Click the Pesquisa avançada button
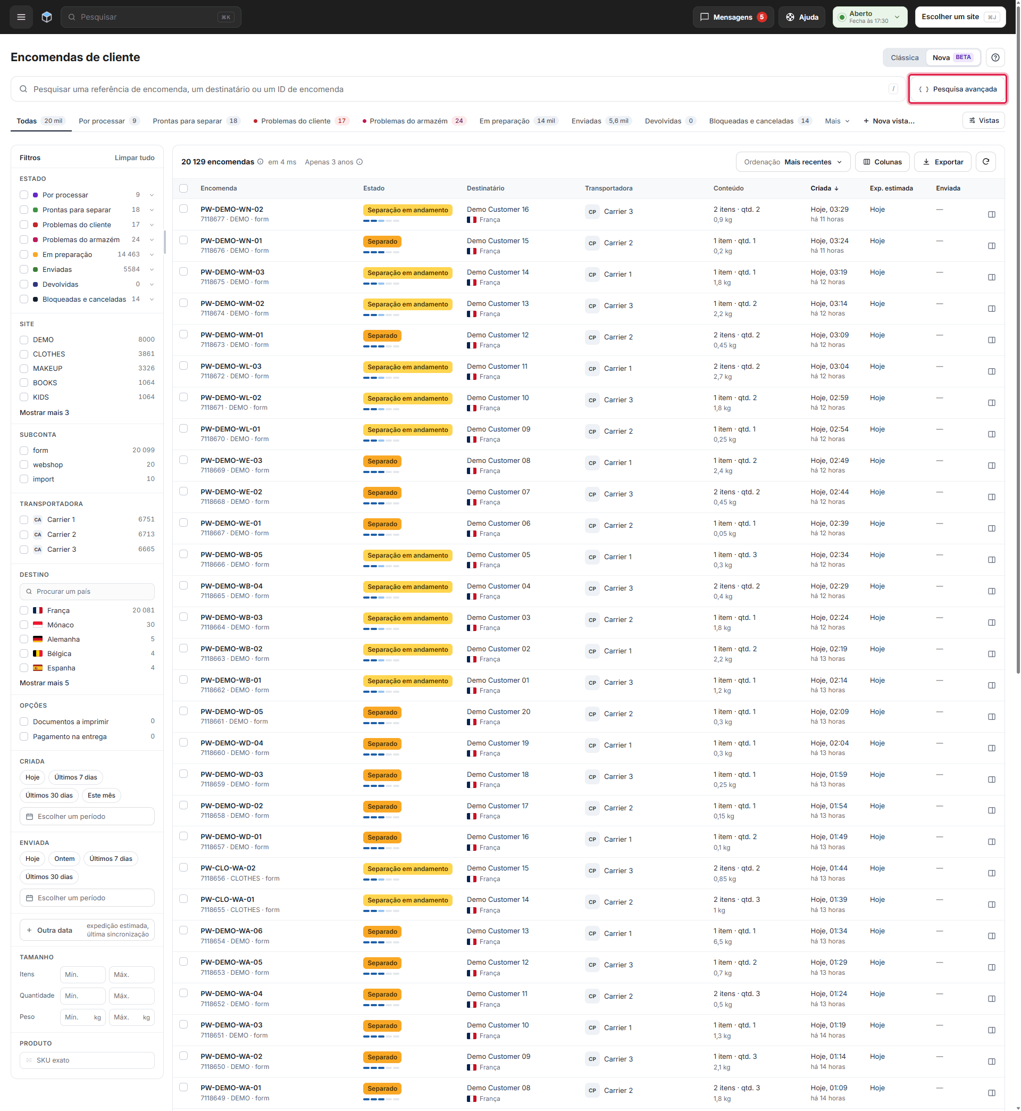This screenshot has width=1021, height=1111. click(958, 89)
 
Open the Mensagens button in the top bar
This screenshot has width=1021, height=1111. click(733, 17)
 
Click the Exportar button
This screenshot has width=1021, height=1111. click(942, 162)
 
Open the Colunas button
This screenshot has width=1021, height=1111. click(882, 162)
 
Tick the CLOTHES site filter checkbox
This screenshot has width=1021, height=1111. click(24, 354)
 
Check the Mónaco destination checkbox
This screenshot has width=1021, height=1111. click(24, 625)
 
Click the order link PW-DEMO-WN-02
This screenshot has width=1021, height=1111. click(231, 210)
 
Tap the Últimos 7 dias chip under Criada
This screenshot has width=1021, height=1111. click(76, 777)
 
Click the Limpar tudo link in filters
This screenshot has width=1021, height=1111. click(134, 157)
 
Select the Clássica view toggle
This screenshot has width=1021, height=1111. click(905, 57)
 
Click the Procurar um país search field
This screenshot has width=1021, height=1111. click(87, 592)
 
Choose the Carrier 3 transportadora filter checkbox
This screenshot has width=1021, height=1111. click(24, 550)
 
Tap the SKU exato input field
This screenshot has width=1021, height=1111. click(87, 1060)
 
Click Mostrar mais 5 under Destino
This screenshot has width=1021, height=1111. click(44, 683)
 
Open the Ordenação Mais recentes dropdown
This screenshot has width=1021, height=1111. click(793, 162)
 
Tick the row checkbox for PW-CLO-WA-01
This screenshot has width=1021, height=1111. click(183, 899)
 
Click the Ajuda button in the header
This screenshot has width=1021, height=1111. click(802, 17)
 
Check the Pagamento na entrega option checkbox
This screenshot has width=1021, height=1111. click(24, 736)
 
